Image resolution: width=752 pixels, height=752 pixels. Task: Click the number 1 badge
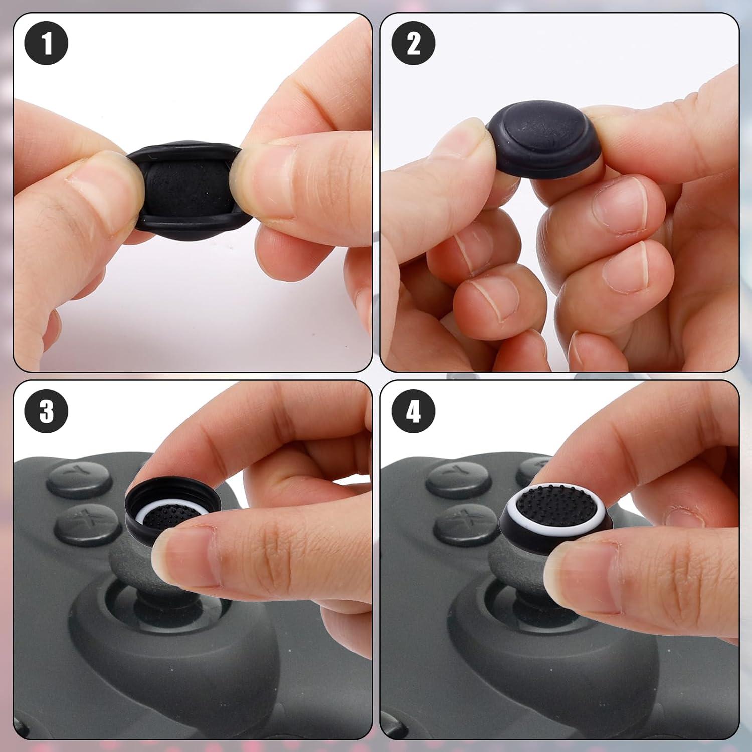click(x=46, y=43)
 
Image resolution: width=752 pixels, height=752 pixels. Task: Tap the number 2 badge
click(x=413, y=43)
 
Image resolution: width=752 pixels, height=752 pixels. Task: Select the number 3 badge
click(x=46, y=412)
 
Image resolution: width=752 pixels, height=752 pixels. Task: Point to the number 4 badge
click(x=413, y=412)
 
